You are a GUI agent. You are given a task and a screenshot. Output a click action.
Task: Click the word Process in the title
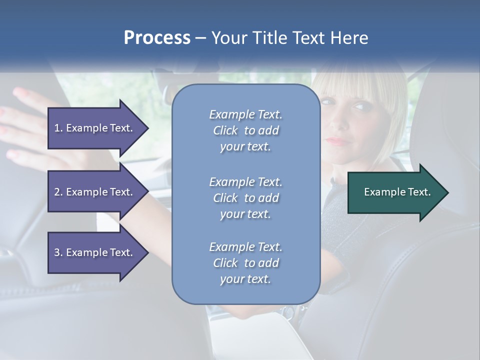pos(157,38)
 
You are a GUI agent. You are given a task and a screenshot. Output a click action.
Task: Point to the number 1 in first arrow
pos(57,128)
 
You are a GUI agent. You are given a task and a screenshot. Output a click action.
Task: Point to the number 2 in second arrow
pos(57,192)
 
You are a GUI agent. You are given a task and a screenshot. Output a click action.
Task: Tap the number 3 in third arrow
pos(57,252)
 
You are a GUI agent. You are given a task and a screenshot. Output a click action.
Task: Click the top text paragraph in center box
pos(245,130)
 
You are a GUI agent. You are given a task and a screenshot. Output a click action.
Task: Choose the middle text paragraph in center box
pos(245,198)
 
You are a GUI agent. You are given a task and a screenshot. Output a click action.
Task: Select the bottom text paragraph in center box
pos(245,263)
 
